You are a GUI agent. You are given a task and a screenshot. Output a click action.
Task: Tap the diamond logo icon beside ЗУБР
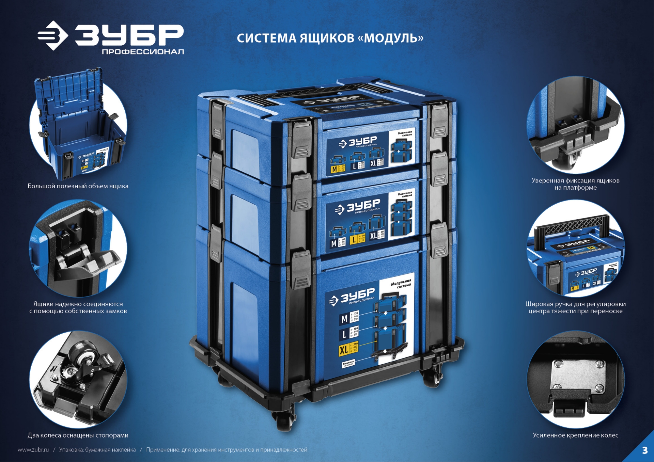[53, 35]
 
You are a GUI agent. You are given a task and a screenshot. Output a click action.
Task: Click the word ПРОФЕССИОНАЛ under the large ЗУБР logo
[143, 52]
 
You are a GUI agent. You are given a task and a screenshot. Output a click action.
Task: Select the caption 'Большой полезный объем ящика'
[78, 186]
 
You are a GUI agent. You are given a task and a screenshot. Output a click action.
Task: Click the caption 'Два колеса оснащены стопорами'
[78, 435]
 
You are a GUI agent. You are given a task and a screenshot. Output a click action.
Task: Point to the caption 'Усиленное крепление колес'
[575, 435]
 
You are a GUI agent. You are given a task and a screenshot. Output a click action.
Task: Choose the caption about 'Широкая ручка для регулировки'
[575, 307]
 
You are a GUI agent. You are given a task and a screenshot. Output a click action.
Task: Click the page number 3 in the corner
[644, 450]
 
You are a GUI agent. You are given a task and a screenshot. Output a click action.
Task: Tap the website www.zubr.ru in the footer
[33, 450]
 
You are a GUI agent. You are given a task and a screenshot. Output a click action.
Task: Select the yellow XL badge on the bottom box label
[344, 350]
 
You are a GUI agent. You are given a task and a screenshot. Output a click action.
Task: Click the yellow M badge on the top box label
[334, 169]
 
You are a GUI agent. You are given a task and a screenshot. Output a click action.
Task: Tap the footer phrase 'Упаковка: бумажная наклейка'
[97, 450]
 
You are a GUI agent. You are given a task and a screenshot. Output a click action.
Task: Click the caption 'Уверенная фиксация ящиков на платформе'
[575, 184]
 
